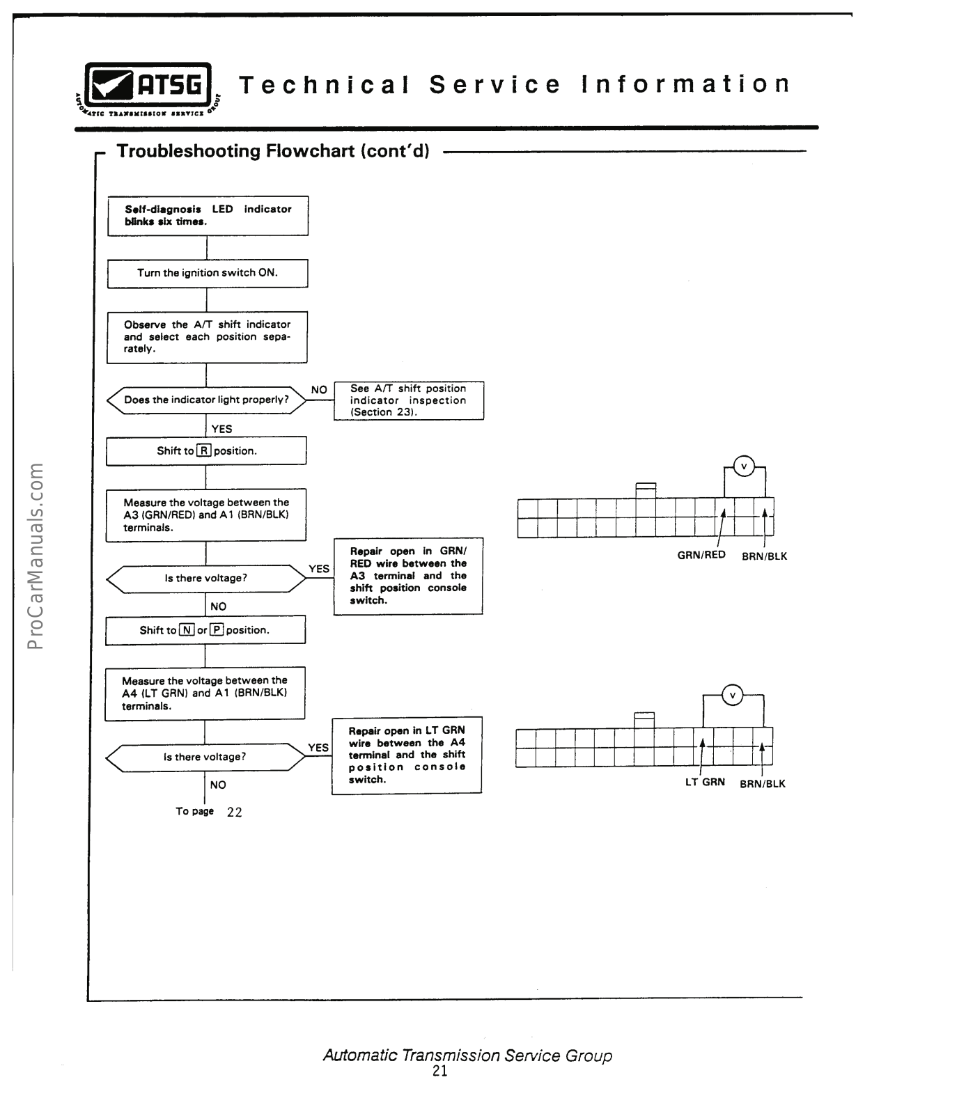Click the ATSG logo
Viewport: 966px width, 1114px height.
pyautogui.click(x=148, y=87)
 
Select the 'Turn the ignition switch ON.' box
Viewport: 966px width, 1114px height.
pyautogui.click(x=207, y=273)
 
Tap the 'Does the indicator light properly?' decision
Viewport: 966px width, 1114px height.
pyautogui.click(x=206, y=400)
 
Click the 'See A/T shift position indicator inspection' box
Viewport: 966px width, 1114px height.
pyautogui.click(x=409, y=400)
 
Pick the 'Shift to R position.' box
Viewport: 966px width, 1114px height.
pyautogui.click(x=206, y=451)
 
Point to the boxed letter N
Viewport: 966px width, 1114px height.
pyautogui.click(x=186, y=630)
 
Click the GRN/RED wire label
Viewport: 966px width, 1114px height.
pyautogui.click(x=701, y=555)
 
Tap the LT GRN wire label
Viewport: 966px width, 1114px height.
pyautogui.click(x=705, y=782)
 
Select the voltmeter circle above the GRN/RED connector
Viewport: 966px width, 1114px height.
pyautogui.click(x=745, y=466)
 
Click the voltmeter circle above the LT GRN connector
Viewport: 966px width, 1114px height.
pyautogui.click(x=732, y=695)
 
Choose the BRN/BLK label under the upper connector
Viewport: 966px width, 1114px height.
pyautogui.click(x=764, y=556)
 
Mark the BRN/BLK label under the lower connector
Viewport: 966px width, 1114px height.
pyautogui.click(x=762, y=783)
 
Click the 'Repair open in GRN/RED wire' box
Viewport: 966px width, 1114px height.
pyautogui.click(x=408, y=576)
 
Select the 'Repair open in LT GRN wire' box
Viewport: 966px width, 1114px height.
pyautogui.click(x=407, y=755)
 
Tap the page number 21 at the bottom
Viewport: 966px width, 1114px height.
pyautogui.click(x=440, y=1072)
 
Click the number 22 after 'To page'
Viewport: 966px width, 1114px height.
pyautogui.click(x=235, y=812)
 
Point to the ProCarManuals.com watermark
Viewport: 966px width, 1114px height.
pyautogui.click(x=35, y=555)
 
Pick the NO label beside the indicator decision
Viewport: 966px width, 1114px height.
pyautogui.click(x=319, y=390)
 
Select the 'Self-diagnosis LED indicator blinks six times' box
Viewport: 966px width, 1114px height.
pyautogui.click(x=208, y=215)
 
